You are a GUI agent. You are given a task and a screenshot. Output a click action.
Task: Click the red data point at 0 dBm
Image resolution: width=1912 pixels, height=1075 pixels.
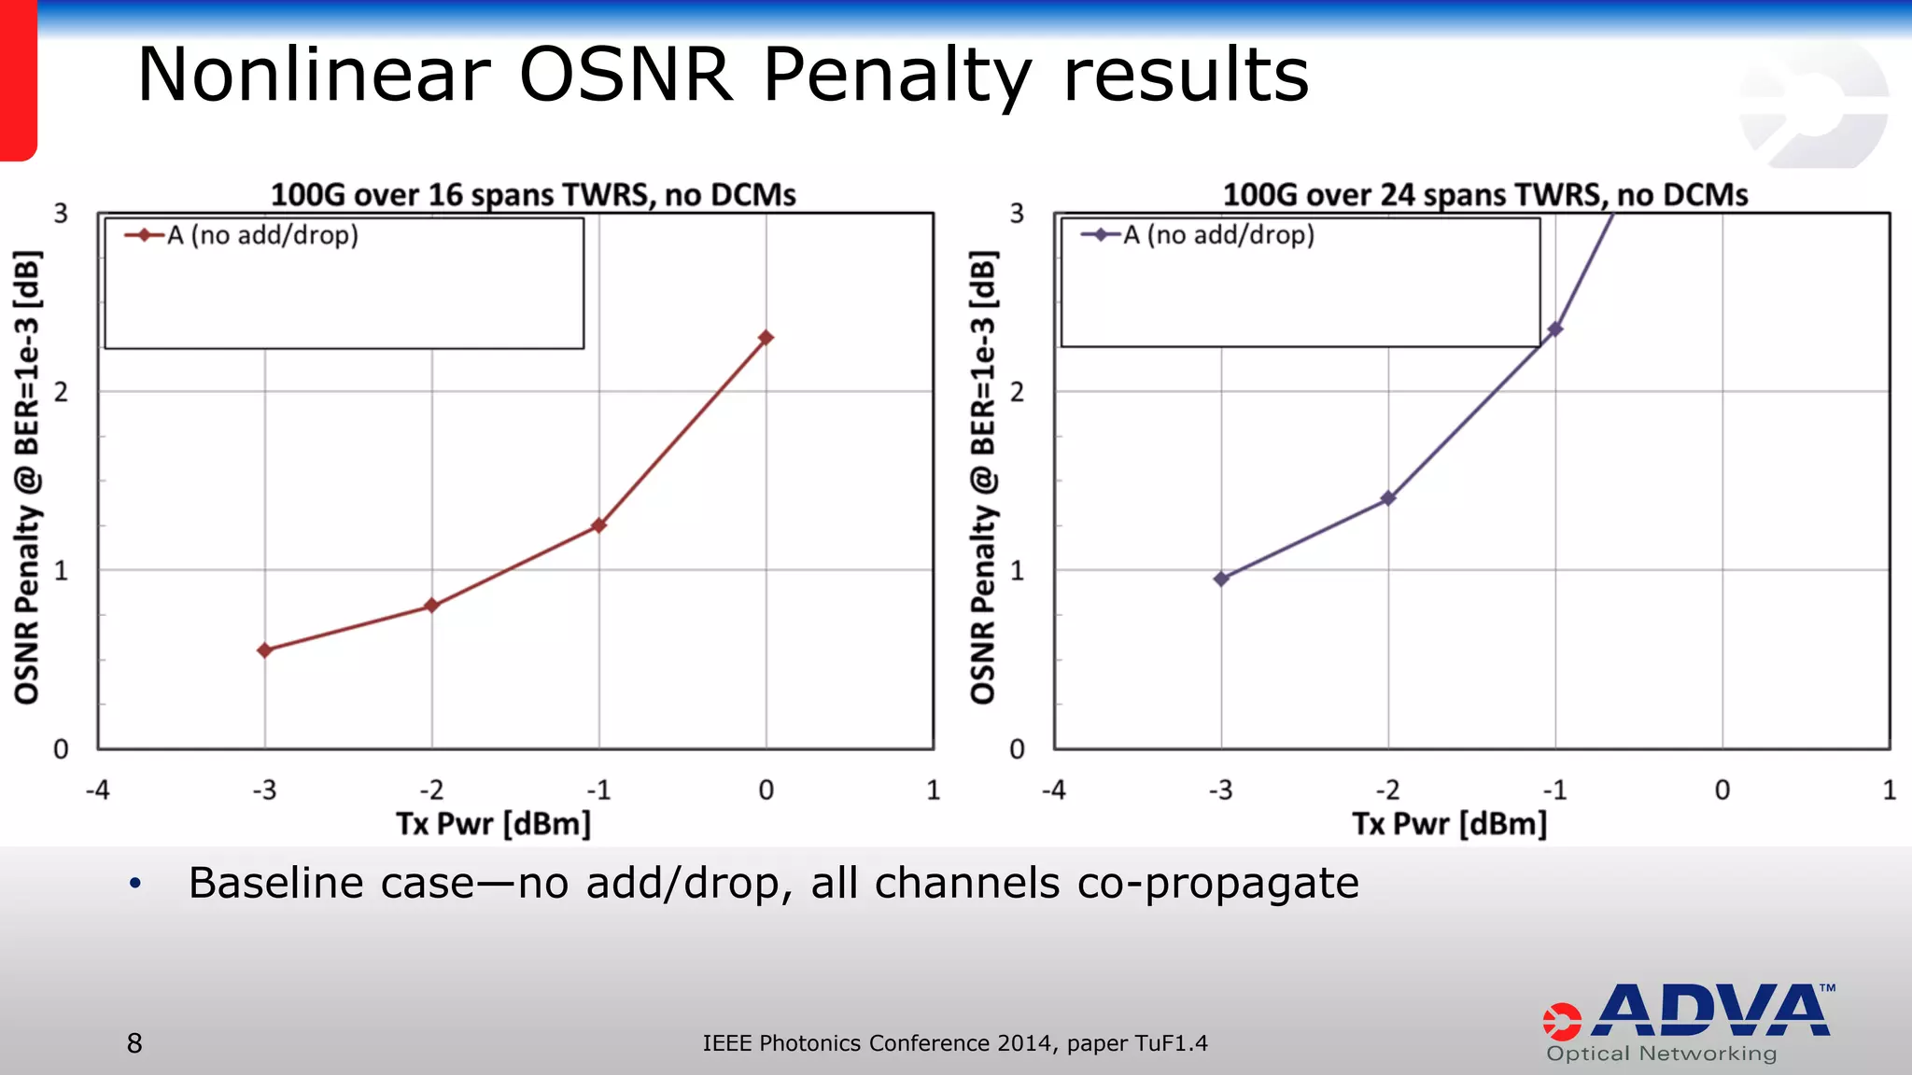[x=766, y=338]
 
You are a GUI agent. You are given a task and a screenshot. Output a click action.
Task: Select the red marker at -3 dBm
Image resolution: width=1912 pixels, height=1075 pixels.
[x=265, y=650]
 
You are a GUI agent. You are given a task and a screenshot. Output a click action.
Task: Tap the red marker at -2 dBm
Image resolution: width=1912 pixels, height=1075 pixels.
[x=431, y=606]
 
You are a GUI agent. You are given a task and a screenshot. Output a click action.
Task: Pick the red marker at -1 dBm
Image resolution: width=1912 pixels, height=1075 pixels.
[x=598, y=526]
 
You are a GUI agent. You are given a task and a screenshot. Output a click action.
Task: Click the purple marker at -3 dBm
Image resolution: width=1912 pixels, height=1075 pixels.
[x=1221, y=579]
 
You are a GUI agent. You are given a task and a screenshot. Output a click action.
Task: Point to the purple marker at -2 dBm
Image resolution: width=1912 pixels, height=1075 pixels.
[x=1388, y=498]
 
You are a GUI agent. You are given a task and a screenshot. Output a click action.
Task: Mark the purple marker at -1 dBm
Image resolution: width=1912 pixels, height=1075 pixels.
[x=1555, y=329]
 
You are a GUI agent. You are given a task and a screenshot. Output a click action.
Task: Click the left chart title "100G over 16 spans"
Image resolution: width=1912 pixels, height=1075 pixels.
[x=533, y=195]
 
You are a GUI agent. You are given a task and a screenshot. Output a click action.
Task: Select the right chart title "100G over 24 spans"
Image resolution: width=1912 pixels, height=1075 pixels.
[x=1484, y=195]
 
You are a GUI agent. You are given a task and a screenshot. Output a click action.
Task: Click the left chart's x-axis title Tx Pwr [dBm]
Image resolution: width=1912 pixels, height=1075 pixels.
[x=494, y=824]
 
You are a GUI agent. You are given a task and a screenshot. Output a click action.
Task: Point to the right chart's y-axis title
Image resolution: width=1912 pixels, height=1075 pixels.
[x=983, y=477]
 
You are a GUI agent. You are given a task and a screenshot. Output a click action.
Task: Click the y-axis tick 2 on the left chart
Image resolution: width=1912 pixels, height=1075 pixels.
[x=62, y=392]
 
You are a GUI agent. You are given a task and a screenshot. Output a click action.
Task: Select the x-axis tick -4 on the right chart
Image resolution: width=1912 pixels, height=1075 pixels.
[x=1053, y=790]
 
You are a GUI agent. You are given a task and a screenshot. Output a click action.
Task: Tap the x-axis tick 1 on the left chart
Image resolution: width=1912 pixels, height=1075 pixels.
[x=933, y=790]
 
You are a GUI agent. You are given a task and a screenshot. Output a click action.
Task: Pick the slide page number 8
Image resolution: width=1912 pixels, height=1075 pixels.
[x=134, y=1043]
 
